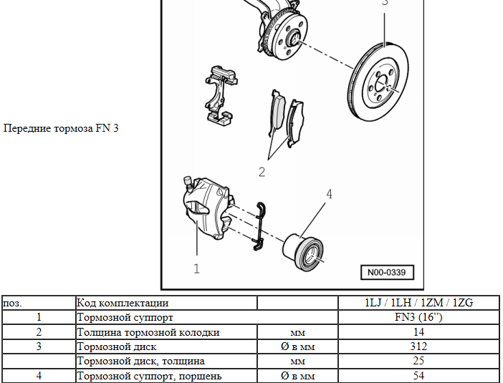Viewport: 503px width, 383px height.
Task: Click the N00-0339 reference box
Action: click(387, 272)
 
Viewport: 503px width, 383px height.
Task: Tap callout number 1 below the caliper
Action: click(196, 268)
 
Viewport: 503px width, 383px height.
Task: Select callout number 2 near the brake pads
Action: click(262, 171)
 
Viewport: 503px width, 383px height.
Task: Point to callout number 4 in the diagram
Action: click(329, 194)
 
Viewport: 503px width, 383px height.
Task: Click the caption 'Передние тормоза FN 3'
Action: click(61, 128)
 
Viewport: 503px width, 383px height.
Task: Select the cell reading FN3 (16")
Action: click(418, 317)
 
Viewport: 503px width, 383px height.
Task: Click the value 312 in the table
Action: click(418, 346)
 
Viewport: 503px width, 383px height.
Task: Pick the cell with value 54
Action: click(418, 375)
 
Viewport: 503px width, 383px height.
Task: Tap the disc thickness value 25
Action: click(418, 361)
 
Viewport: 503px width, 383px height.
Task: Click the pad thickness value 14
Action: click(418, 332)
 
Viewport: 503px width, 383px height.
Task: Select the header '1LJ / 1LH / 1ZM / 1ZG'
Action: click(418, 303)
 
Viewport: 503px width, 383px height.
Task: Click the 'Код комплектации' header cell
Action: click(123, 303)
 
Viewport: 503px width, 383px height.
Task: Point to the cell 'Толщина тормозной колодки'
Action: click(148, 332)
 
